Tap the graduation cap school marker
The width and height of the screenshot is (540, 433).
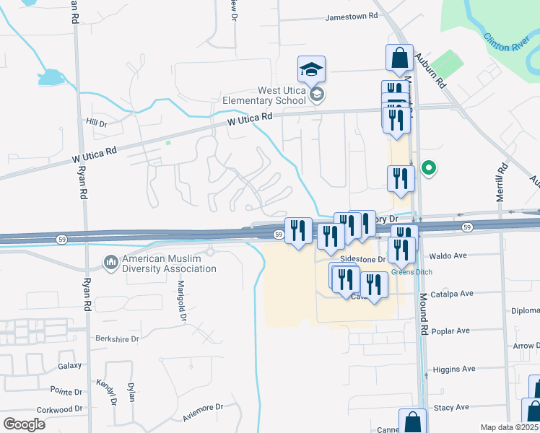click(312, 70)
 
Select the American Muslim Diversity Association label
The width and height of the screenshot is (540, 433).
click(169, 263)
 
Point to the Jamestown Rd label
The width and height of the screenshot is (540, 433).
click(352, 16)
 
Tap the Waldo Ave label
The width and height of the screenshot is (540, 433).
click(448, 255)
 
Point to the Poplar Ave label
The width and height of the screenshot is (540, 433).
click(449, 331)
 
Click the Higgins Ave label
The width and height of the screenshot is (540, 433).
click(454, 369)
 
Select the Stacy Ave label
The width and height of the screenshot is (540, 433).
click(453, 408)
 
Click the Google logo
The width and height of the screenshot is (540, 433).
click(24, 424)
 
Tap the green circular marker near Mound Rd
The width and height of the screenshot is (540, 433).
click(429, 169)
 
